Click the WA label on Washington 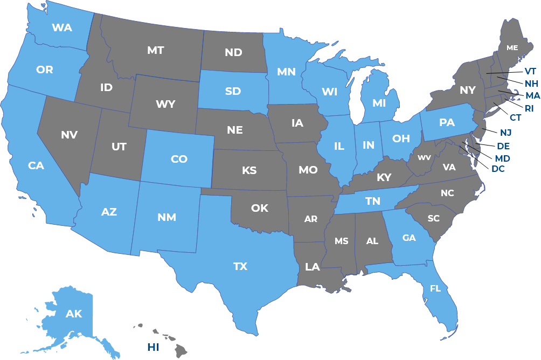tap(62, 27)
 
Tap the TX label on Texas tap(240, 266)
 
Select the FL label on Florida tap(435, 288)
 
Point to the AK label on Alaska tap(74, 314)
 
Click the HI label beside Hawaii tap(154, 347)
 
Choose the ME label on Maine tap(512, 48)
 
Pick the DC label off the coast tap(498, 169)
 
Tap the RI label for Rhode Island tap(529, 108)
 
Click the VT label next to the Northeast tap(530, 71)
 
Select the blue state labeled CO tap(179, 159)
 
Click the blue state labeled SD tap(233, 91)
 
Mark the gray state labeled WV tap(424, 158)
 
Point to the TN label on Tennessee tap(373, 201)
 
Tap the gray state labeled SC tap(434, 218)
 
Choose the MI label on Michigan tap(379, 102)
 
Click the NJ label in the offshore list tap(505, 133)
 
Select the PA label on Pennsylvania tap(447, 122)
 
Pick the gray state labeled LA tap(313, 267)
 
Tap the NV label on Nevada tap(69, 135)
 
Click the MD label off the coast tap(502, 158)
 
